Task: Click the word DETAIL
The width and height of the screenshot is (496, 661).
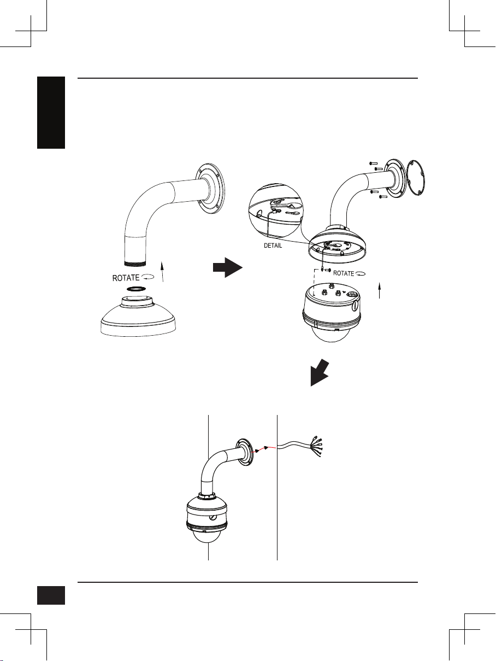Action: tap(273, 245)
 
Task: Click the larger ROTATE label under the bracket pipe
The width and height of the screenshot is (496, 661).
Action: tap(126, 278)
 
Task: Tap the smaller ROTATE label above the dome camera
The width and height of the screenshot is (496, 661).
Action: tap(344, 273)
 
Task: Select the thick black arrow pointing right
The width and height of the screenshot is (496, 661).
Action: tap(228, 267)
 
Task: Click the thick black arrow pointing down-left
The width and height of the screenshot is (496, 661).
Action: tap(320, 372)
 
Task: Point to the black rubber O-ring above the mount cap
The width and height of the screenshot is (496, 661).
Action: tap(135, 289)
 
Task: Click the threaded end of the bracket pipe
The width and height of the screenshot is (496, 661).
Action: tap(135, 264)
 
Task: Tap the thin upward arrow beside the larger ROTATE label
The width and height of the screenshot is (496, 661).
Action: tap(162, 272)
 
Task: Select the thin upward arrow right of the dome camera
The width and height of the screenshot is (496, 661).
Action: tap(379, 290)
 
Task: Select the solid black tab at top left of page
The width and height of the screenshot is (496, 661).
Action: tap(51, 112)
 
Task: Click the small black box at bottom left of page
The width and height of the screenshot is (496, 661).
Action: tap(51, 595)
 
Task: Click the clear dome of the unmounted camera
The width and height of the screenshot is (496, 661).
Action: tap(331, 334)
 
